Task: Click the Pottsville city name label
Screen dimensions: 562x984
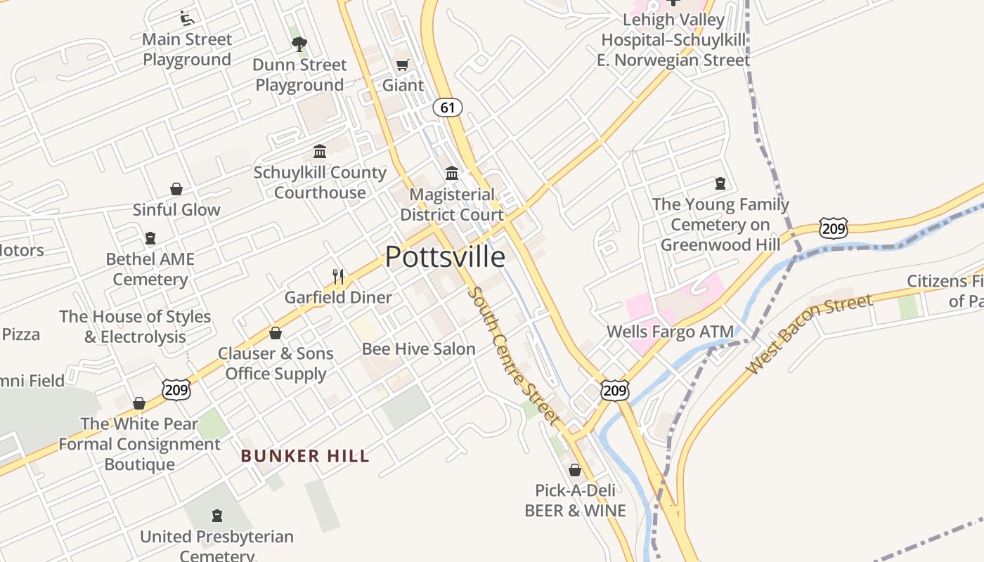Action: [x=445, y=257]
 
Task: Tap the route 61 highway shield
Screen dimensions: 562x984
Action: [x=448, y=107]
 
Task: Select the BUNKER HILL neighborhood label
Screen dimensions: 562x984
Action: [x=305, y=457]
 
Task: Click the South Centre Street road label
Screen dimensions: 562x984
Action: [x=514, y=355]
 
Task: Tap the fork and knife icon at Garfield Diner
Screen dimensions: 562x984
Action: [x=338, y=277]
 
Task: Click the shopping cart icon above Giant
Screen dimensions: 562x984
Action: [x=402, y=65]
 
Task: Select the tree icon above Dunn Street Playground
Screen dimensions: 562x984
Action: [x=299, y=44]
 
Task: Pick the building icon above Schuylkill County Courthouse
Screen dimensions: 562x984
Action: [x=320, y=152]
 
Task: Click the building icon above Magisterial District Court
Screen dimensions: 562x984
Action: [x=452, y=174]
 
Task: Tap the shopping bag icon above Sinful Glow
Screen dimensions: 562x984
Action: [x=176, y=190]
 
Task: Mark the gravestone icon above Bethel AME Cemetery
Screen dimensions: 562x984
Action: [x=150, y=239]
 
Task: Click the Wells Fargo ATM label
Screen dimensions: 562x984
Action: [x=670, y=332]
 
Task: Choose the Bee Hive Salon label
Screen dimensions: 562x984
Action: [x=418, y=349]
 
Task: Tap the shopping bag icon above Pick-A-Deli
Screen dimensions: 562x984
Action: [x=575, y=470]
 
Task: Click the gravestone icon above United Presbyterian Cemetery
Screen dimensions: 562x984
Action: [x=216, y=516]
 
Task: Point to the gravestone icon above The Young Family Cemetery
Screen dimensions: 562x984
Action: [x=720, y=184]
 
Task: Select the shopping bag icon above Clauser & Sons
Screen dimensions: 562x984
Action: [x=276, y=333]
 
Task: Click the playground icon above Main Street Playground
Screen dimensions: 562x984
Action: [x=187, y=18]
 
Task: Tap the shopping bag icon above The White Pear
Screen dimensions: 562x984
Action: [x=139, y=403]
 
